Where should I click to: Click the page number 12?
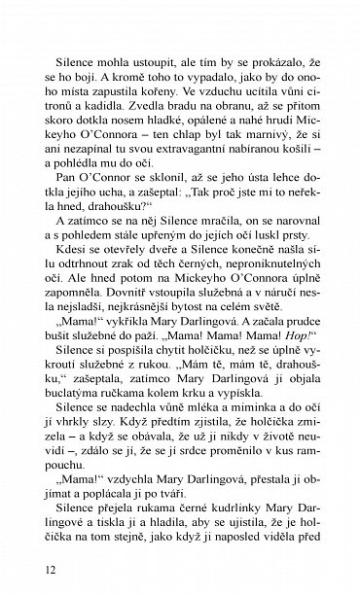click(x=37, y=570)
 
